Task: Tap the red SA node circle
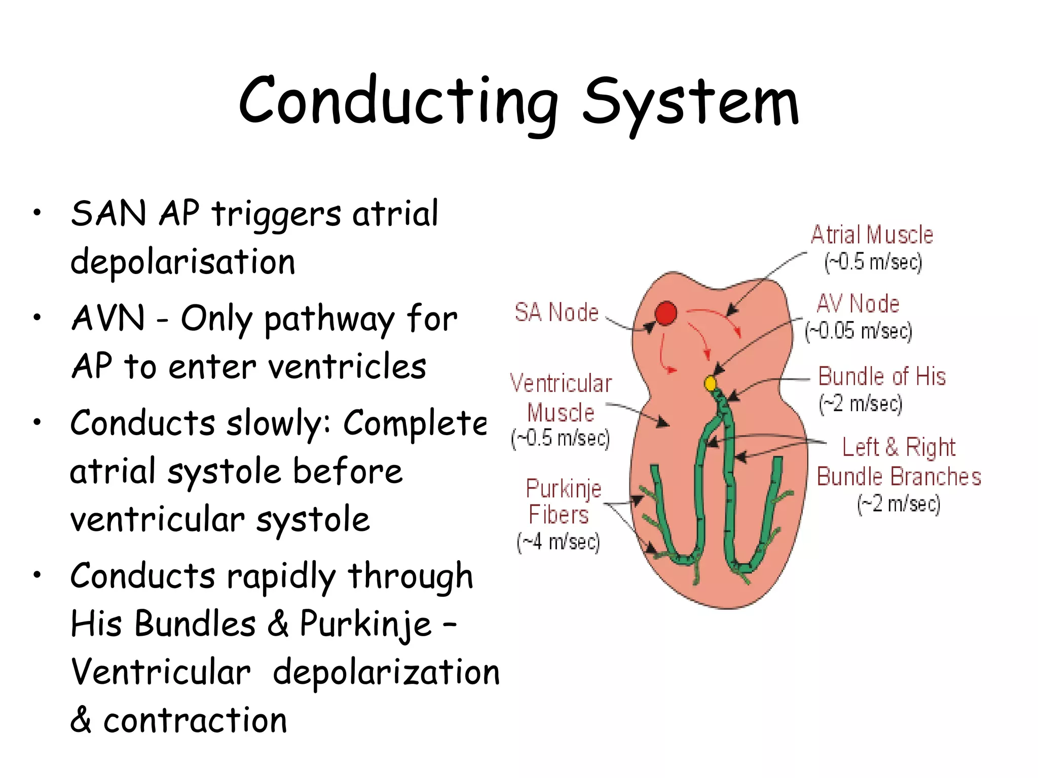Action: pos(665,313)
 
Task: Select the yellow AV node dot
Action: pos(711,383)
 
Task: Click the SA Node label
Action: pos(557,312)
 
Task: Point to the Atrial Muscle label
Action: pos(872,235)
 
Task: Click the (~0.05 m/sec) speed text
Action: pos(859,331)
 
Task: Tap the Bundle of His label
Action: pos(882,377)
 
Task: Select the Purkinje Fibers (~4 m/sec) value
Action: pos(558,542)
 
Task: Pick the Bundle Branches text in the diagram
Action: pos(899,477)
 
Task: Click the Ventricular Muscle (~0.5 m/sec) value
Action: pos(560,438)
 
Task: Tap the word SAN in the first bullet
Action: pos(108,214)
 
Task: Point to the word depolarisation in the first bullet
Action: pos(182,262)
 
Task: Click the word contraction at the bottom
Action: pos(195,721)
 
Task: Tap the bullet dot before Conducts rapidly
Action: pos(37,575)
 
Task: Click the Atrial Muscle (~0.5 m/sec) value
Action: pos(873,262)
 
